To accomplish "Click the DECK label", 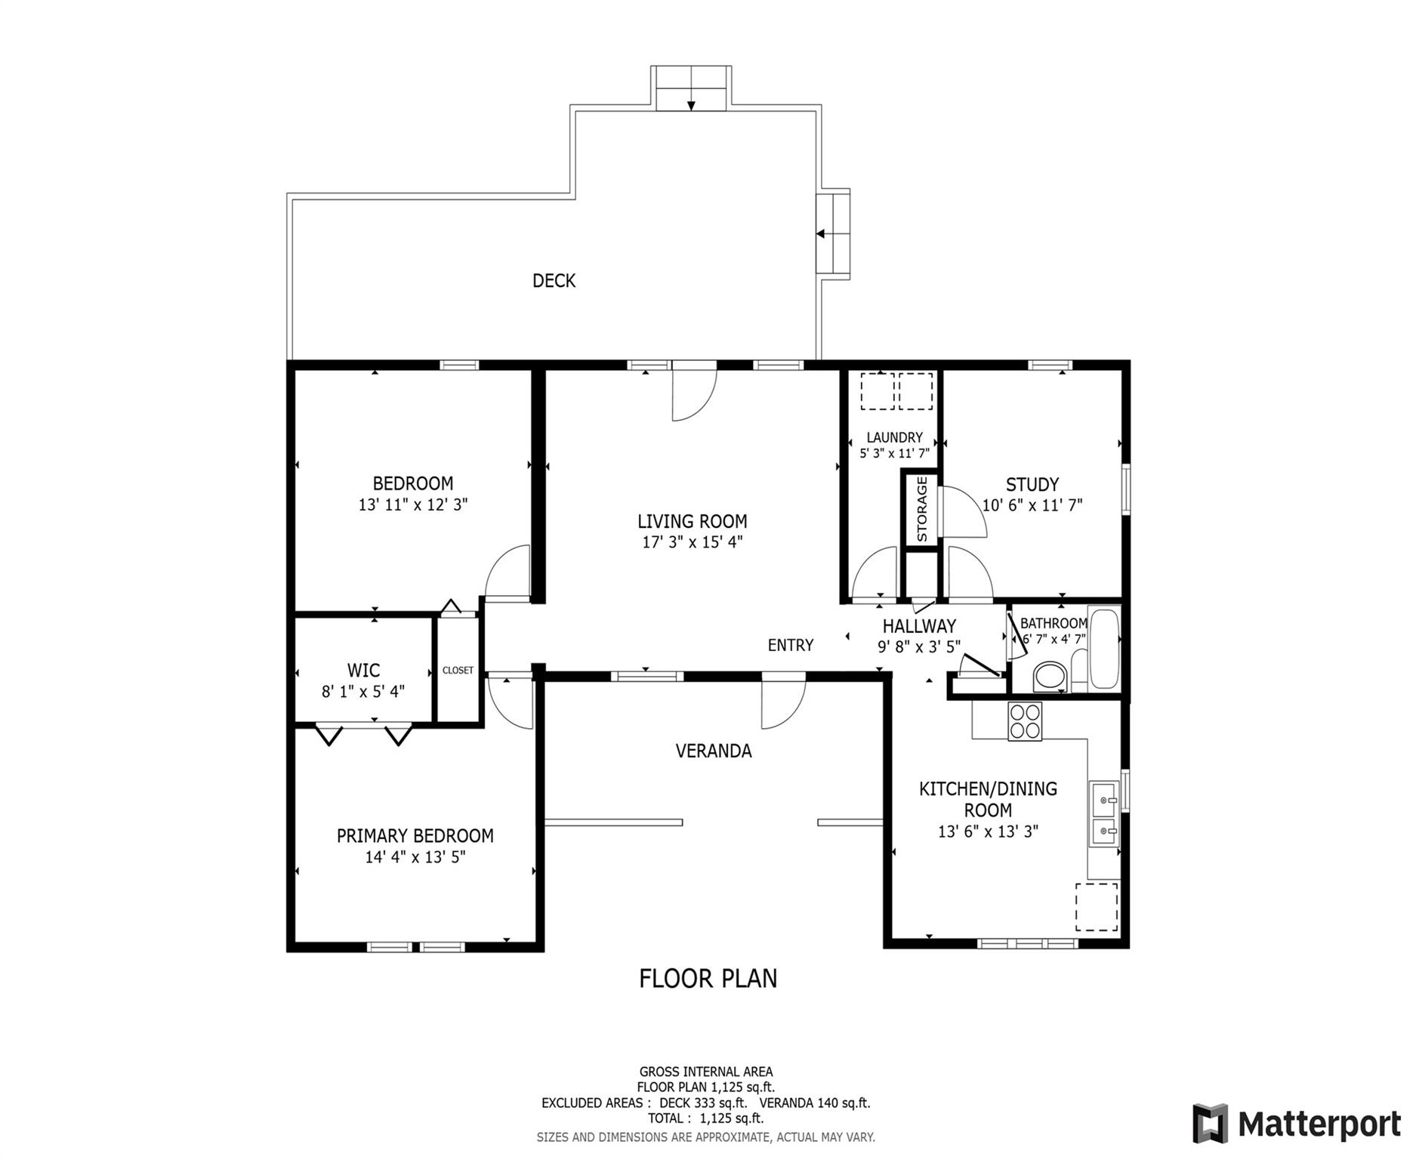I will (x=554, y=281).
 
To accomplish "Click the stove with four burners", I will (x=1025, y=721).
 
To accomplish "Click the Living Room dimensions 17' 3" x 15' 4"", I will (x=693, y=541).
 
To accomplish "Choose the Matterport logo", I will (x=1296, y=1125).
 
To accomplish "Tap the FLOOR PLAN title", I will (x=708, y=979).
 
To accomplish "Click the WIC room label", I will (x=363, y=670).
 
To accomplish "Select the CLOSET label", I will (x=458, y=671).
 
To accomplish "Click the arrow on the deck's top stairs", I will (x=691, y=105).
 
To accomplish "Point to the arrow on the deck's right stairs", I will (x=821, y=234).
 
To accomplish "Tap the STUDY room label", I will (x=1032, y=485).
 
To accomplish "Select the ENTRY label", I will (x=791, y=645).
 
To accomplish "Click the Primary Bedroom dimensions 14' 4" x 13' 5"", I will (x=415, y=857).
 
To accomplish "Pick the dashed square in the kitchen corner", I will (x=1097, y=906).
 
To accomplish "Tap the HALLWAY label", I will (x=919, y=626).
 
